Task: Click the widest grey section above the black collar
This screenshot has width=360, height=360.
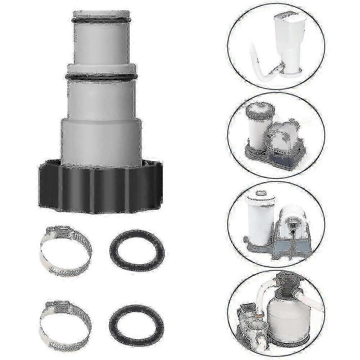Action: (101, 140)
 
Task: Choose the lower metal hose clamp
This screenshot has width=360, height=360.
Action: (65, 320)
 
